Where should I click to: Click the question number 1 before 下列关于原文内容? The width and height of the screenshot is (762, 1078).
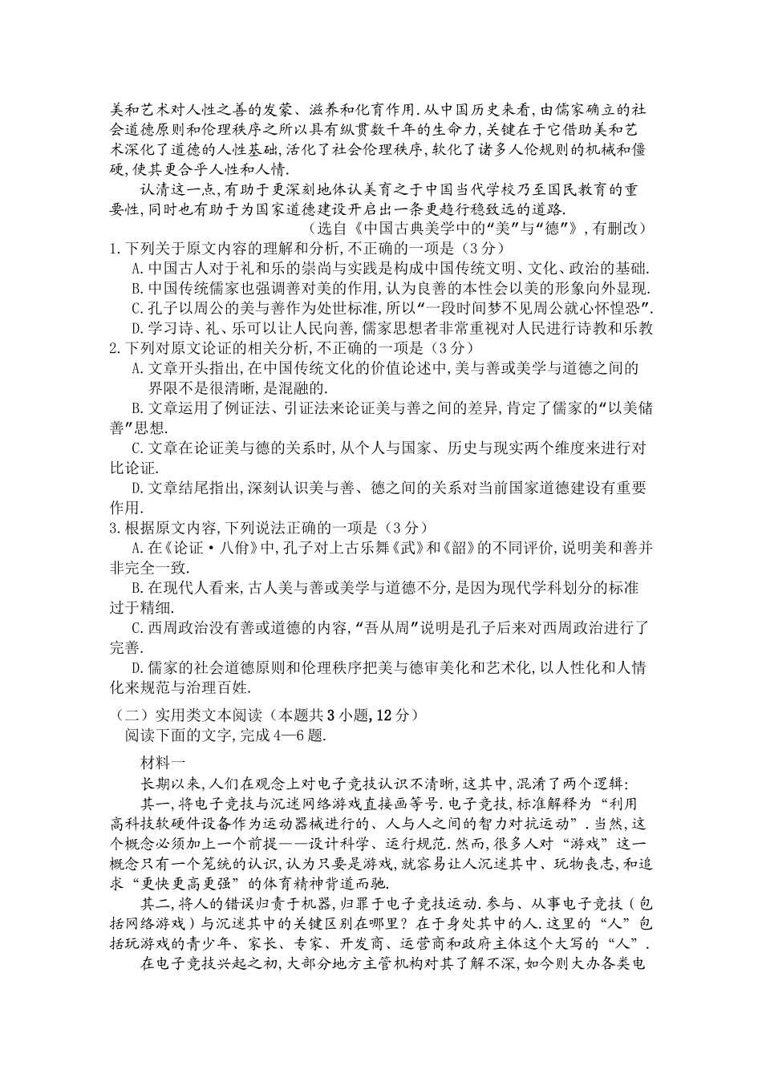[114, 249]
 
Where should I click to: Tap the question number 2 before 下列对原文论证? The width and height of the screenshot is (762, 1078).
[114, 348]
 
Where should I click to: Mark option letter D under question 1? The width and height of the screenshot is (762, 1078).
[136, 328]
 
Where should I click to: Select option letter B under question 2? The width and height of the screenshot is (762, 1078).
[136, 408]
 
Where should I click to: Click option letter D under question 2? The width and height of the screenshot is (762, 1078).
[136, 488]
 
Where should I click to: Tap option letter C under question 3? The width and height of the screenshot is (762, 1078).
[136, 627]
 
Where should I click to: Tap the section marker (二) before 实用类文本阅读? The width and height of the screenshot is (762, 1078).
[120, 714]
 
